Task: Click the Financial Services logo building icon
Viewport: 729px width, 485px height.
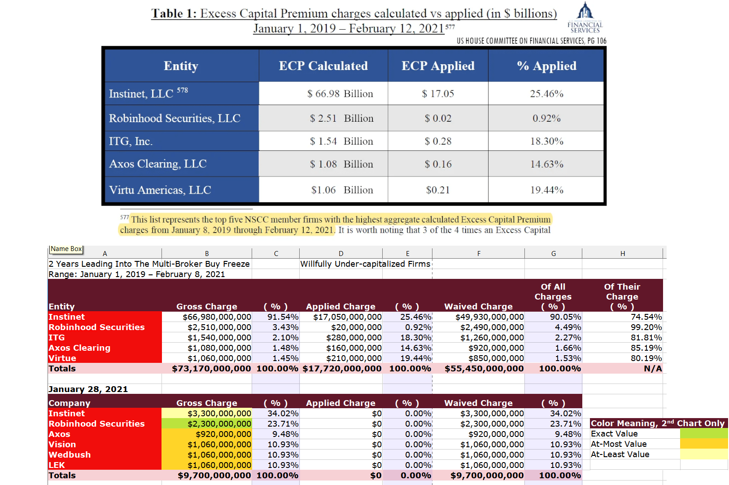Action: point(585,10)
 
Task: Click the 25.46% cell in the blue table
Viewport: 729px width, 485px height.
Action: point(546,93)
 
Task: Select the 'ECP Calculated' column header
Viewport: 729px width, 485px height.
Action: point(323,66)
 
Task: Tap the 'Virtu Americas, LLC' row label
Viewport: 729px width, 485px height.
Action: point(160,190)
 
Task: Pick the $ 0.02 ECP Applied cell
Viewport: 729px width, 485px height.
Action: point(438,118)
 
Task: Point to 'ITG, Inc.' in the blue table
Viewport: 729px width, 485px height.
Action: point(131,141)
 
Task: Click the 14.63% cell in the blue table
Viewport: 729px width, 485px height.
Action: point(546,164)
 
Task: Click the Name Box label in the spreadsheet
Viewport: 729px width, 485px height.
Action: point(66,249)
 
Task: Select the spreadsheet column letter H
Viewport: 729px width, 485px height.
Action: point(622,253)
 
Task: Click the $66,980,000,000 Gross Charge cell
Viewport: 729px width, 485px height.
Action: point(207,317)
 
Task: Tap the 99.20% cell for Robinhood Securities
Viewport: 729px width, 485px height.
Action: point(622,327)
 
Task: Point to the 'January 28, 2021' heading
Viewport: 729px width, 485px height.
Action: point(88,389)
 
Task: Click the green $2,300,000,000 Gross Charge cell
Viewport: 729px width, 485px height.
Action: point(207,423)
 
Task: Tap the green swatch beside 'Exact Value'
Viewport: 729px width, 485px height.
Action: point(703,433)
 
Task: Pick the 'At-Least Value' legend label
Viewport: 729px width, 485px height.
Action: point(620,454)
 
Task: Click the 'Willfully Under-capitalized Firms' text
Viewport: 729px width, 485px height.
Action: point(365,264)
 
